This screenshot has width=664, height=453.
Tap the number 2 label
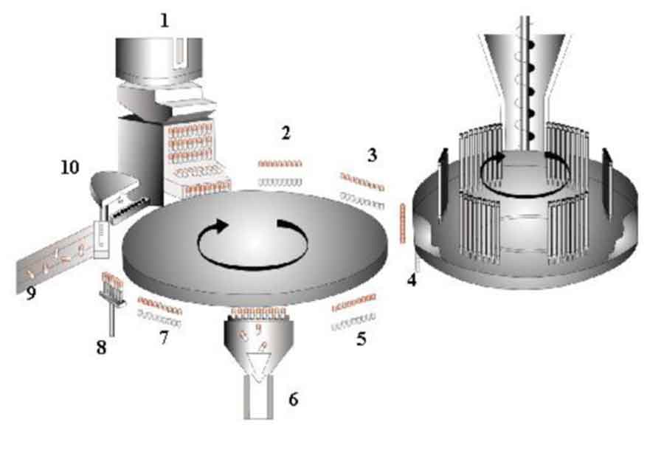point(286,134)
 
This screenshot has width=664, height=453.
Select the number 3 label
point(372,156)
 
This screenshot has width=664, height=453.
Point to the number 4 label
point(412,280)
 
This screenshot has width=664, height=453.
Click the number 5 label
point(362,339)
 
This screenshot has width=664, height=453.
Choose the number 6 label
point(294,399)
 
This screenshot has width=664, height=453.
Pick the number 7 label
point(164,338)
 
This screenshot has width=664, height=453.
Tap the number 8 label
point(101,347)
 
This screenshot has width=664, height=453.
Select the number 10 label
point(70,167)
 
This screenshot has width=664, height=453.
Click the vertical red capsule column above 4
point(402,224)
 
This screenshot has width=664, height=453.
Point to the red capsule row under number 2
point(280,163)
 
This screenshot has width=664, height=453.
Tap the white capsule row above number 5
point(353,325)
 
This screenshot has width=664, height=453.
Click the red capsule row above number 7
point(159,305)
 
